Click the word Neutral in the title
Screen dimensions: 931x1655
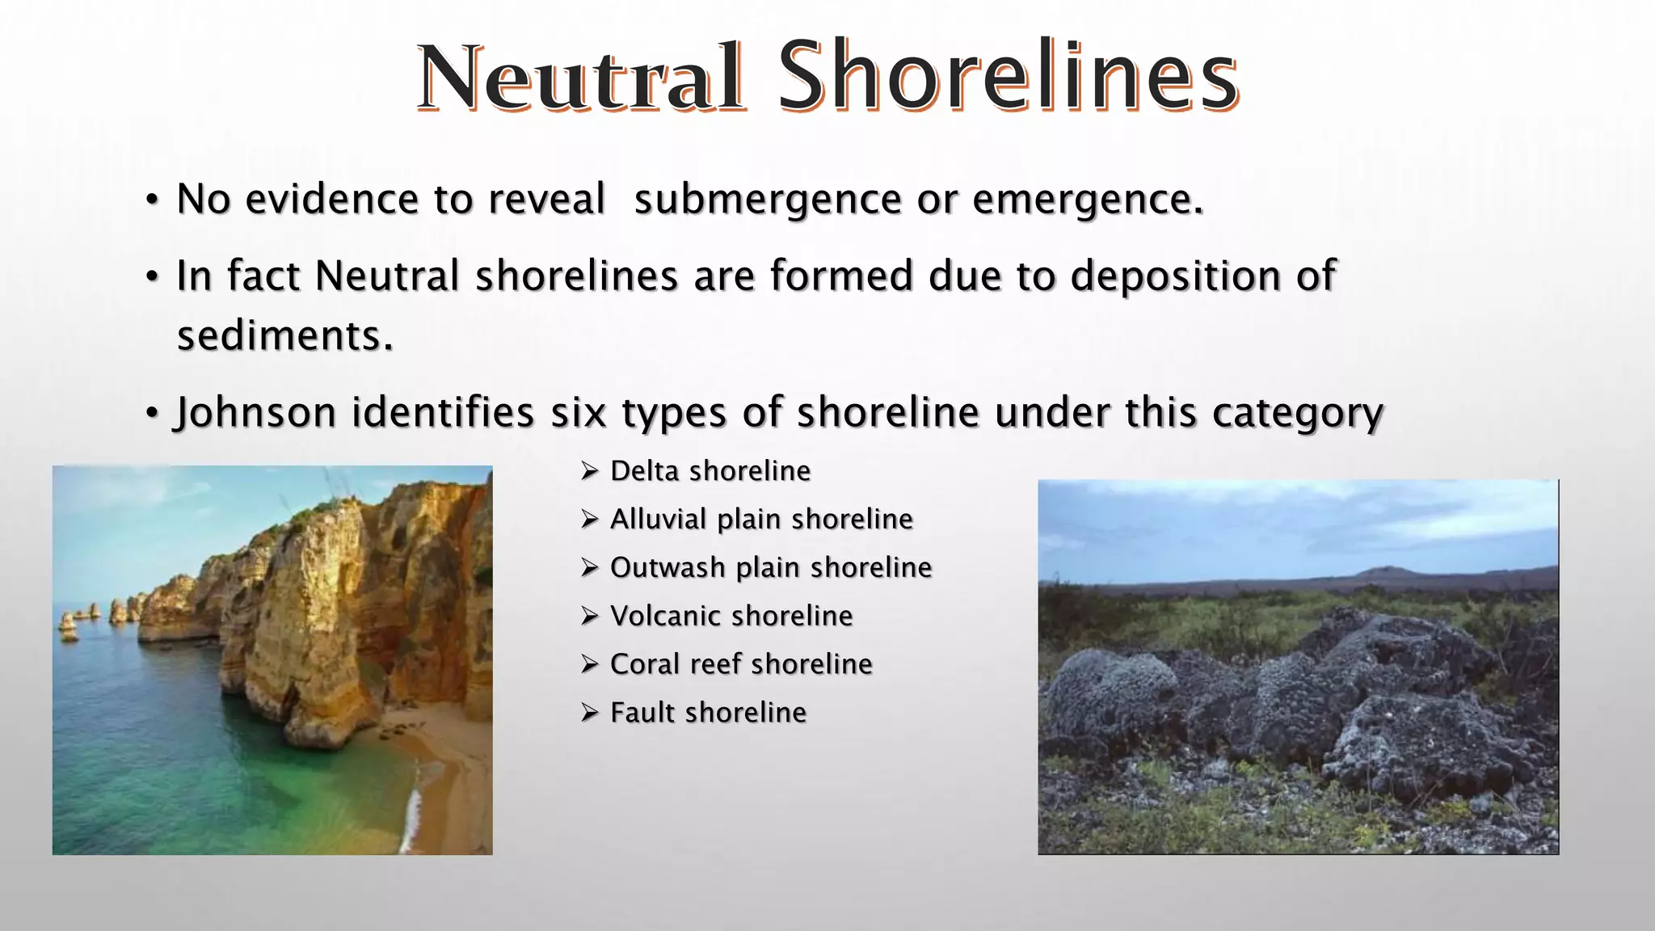580,78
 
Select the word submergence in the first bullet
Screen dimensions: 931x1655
767,200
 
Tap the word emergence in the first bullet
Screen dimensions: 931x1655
1088,200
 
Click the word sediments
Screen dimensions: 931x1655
284,335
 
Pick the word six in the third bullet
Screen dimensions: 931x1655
578,413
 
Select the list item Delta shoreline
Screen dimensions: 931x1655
710,471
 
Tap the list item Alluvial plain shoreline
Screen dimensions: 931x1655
761,519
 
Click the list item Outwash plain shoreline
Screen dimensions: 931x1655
771,567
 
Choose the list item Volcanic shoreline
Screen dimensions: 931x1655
731,616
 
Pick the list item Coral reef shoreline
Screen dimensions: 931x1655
741,664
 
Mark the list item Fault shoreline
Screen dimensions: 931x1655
708,713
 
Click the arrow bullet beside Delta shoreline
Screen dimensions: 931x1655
589,470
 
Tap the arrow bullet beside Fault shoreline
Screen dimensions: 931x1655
589,713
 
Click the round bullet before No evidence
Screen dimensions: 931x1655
152,200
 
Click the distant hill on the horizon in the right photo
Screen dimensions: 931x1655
1390,571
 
